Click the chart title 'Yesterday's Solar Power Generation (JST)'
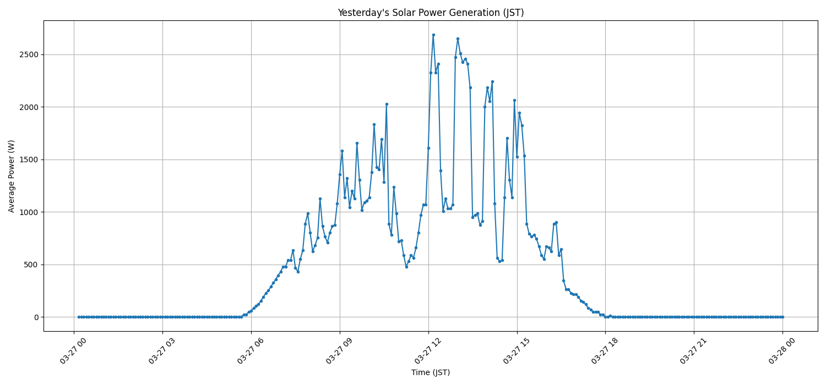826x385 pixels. tap(431, 13)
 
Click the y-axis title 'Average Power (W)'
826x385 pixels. tap(12, 176)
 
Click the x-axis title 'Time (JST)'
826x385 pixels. tap(431, 372)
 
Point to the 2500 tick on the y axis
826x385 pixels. tap(29, 55)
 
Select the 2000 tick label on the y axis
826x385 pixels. tap(29, 107)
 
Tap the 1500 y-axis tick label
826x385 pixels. tap(29, 159)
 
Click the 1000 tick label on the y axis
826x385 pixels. tap(29, 212)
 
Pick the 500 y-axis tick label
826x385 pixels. tap(31, 265)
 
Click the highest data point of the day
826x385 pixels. tap(433, 35)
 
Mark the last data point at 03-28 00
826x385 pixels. tap(782, 317)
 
